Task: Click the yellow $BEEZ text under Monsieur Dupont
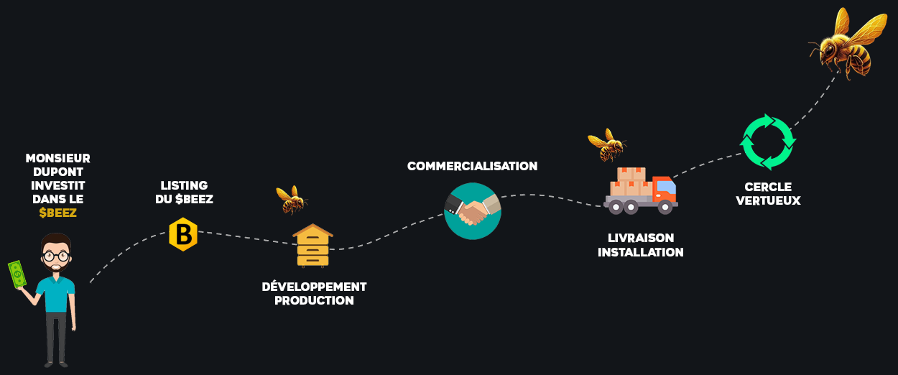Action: [x=57, y=213]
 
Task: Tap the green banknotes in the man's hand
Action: [x=17, y=274]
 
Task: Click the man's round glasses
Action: [x=55, y=255]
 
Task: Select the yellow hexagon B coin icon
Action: [x=183, y=234]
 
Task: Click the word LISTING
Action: [x=185, y=185]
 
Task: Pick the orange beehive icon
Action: [x=313, y=245]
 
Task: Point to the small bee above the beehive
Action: [x=292, y=199]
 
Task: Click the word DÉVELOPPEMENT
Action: [x=314, y=287]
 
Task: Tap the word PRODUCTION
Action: [x=314, y=301]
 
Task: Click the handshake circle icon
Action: [x=472, y=210]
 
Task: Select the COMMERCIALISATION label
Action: [x=472, y=166]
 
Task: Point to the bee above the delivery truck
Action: [x=607, y=144]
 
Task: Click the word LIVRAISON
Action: [x=640, y=238]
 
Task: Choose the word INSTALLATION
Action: [x=640, y=252]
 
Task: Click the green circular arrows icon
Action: [x=767, y=142]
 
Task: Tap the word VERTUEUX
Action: [x=767, y=201]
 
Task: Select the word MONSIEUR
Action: [x=57, y=158]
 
